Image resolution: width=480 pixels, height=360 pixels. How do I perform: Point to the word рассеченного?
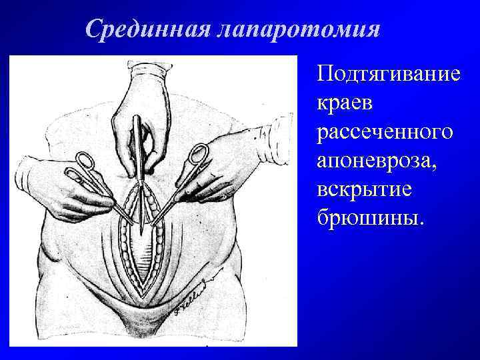click(386, 131)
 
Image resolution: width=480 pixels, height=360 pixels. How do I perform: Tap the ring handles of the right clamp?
click(198, 155)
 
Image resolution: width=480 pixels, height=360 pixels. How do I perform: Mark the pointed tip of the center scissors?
click(141, 230)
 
